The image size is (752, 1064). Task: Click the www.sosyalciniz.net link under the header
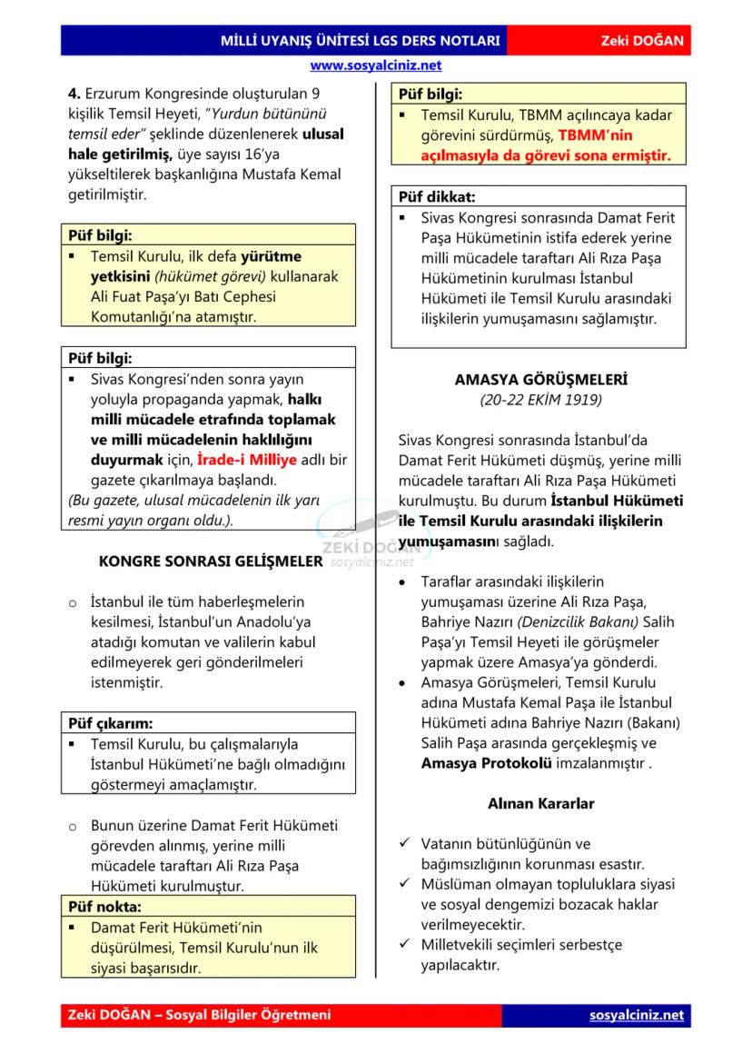coord(375,65)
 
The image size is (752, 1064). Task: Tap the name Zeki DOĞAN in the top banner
coord(642,42)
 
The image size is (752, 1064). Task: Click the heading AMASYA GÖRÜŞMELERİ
coord(540,380)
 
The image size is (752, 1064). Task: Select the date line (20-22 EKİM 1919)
coord(540,399)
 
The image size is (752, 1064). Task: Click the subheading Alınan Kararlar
coord(540,803)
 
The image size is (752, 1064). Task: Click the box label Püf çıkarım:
coord(111,723)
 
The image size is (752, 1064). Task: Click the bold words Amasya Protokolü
coord(486,763)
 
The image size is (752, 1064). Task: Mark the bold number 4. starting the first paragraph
coord(74,93)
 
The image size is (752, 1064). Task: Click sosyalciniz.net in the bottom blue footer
coord(636,1015)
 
